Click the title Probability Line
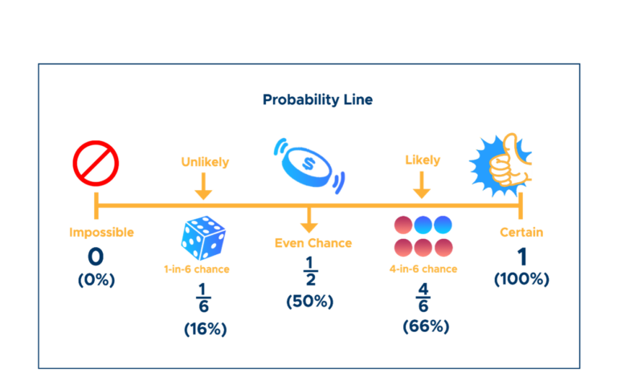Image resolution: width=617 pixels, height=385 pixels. pos(317,100)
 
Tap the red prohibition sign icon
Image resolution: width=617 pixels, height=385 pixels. pos(96,163)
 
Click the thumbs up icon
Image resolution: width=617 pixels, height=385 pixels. pos(501,164)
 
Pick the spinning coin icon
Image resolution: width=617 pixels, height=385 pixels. pos(308,165)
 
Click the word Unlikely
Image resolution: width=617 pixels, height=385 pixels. pos(205,162)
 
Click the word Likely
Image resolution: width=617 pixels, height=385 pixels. pos(422,160)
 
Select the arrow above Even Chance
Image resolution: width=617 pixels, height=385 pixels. pos(308,221)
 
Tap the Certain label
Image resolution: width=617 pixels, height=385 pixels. pos(521,233)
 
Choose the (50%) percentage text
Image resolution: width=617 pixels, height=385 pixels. pos(309,302)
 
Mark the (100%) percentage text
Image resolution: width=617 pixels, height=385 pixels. pos(521,279)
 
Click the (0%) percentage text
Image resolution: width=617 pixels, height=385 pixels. pos(96,280)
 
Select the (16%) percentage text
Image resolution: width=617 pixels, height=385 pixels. pos(205,329)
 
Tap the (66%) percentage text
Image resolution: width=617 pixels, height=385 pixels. pos(426,326)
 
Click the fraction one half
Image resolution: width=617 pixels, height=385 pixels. pos(309,270)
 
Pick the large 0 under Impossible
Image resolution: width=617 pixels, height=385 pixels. pos(96,257)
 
